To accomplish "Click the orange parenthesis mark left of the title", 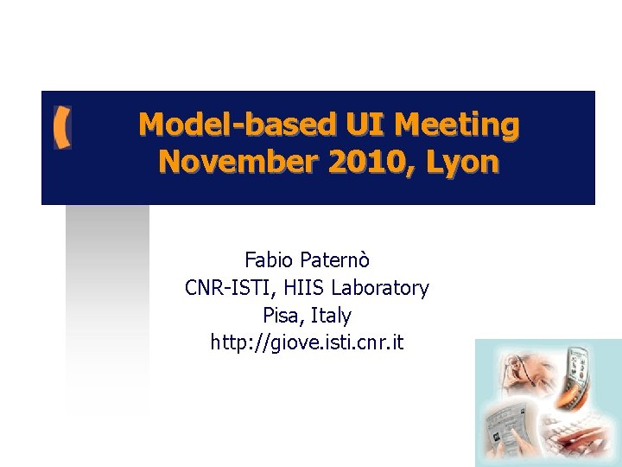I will (60, 128).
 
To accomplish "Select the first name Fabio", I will (269, 259).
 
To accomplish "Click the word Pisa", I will (281, 316).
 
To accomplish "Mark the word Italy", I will (332, 316).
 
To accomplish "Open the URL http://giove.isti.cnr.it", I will (307, 343).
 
